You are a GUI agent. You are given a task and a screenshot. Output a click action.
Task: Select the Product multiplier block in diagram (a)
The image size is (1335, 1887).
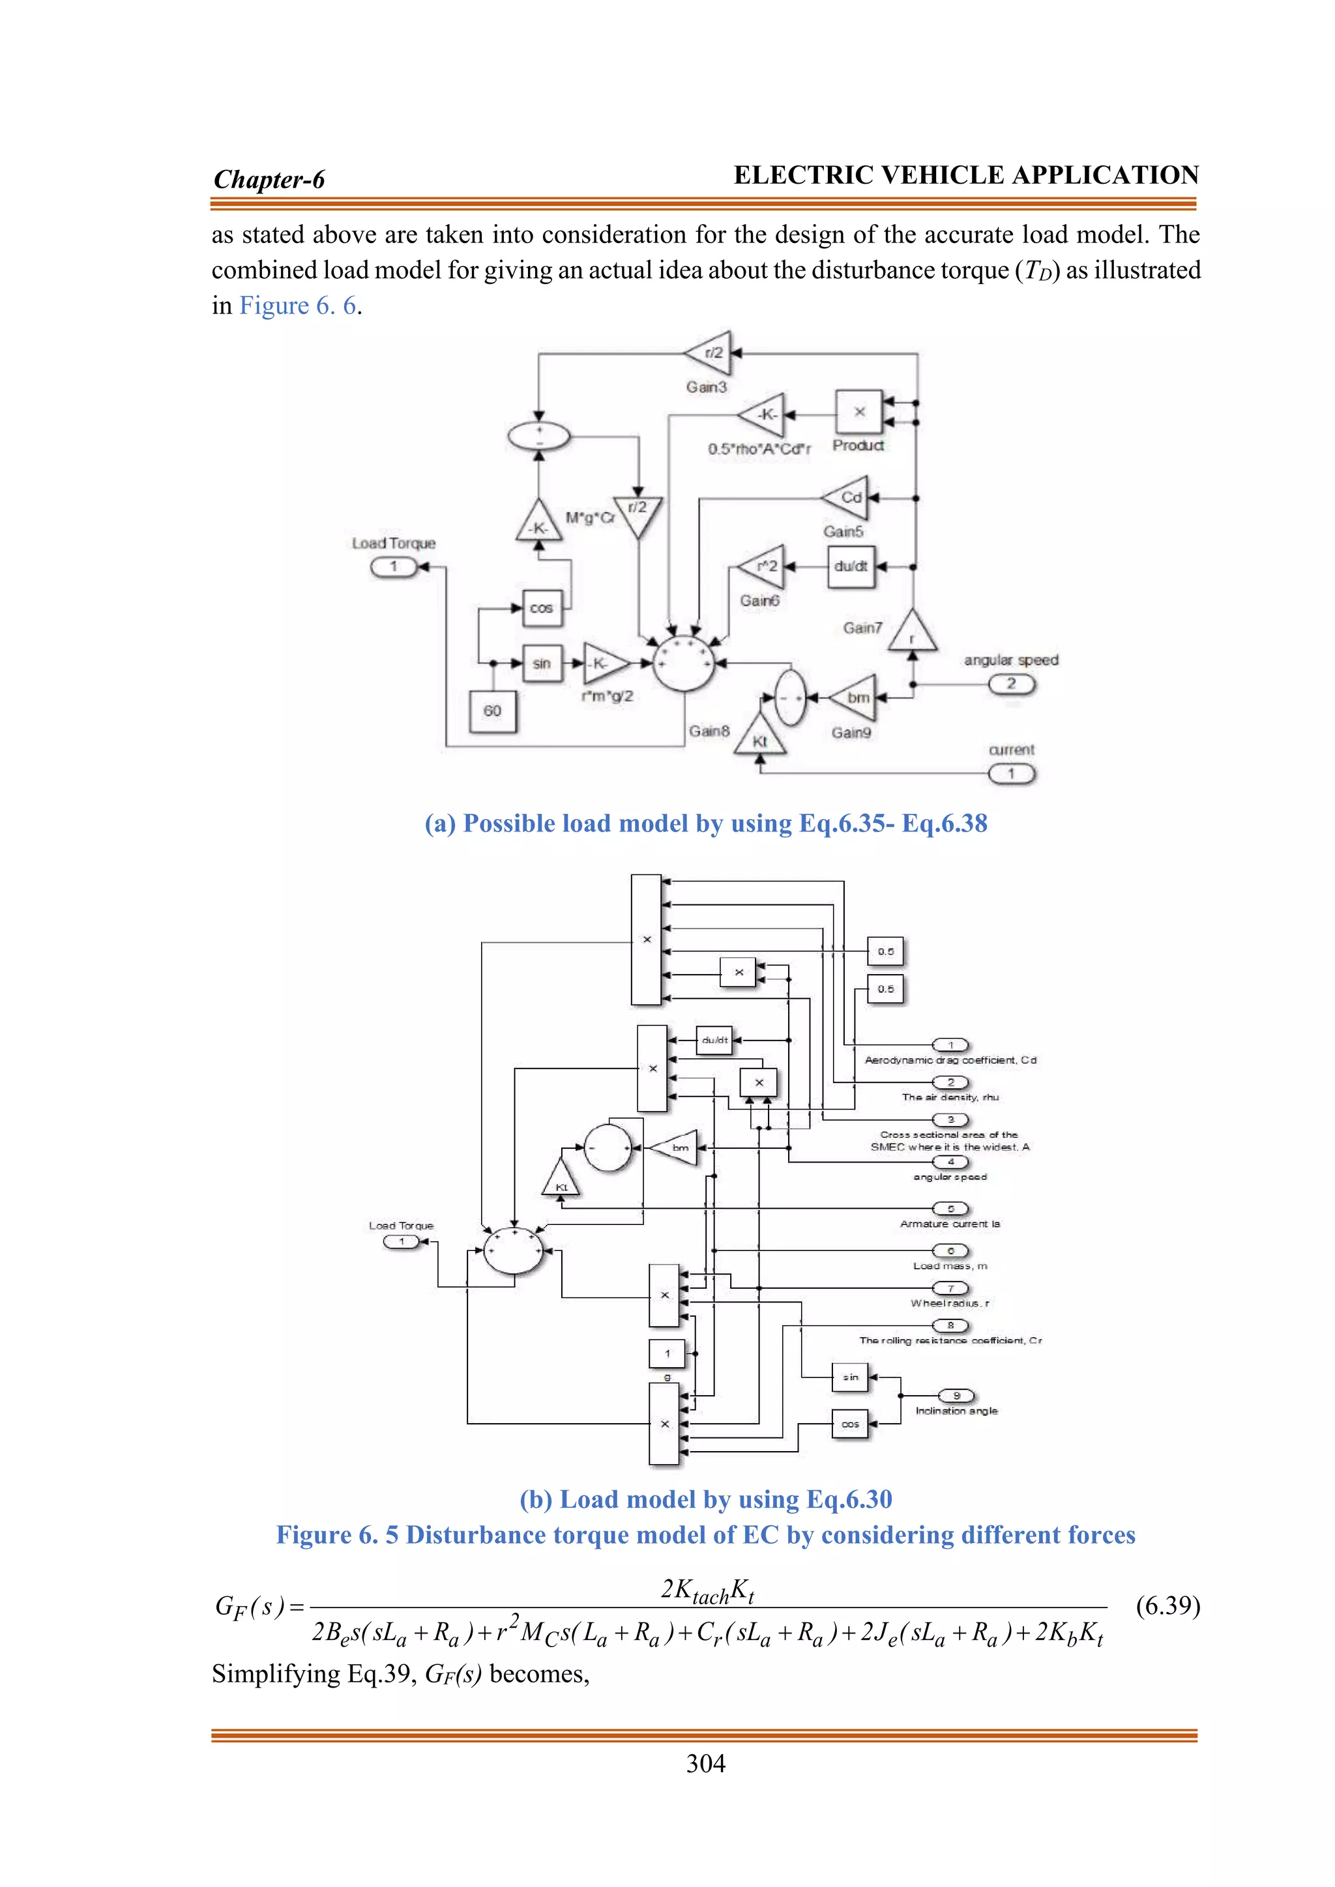tap(859, 412)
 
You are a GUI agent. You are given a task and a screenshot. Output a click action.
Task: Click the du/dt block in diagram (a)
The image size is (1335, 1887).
tap(851, 566)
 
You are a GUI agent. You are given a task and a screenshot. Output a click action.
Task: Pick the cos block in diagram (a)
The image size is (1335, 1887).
tap(542, 608)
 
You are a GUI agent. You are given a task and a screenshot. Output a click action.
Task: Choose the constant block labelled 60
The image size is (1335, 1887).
tap(492, 711)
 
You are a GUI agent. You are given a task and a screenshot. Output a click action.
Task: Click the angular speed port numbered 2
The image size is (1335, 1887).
tap(1011, 684)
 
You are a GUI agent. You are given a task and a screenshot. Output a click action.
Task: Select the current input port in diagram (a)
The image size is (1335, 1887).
tap(1011, 773)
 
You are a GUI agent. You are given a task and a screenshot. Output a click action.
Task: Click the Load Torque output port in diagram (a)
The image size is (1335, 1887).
tap(394, 566)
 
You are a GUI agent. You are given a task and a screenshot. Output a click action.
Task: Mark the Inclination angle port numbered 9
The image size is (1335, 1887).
tap(956, 1396)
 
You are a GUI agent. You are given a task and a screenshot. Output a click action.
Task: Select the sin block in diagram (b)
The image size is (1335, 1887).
tap(850, 1377)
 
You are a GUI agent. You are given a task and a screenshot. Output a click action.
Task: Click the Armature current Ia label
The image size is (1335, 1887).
tap(950, 1224)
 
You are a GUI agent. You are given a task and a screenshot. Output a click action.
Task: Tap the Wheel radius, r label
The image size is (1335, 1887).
tap(950, 1303)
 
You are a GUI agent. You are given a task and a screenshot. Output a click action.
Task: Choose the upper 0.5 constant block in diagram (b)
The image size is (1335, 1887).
tap(885, 952)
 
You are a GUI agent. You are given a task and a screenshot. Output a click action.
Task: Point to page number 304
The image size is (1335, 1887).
tap(705, 1764)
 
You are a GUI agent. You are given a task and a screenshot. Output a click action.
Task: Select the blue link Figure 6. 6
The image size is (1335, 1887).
tap(299, 306)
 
